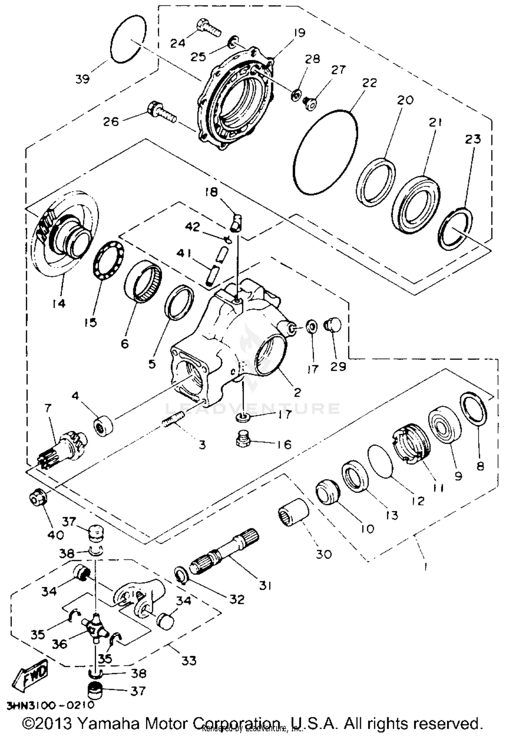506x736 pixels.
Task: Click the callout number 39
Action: click(83, 80)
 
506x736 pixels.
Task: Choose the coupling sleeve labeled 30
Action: click(293, 513)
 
